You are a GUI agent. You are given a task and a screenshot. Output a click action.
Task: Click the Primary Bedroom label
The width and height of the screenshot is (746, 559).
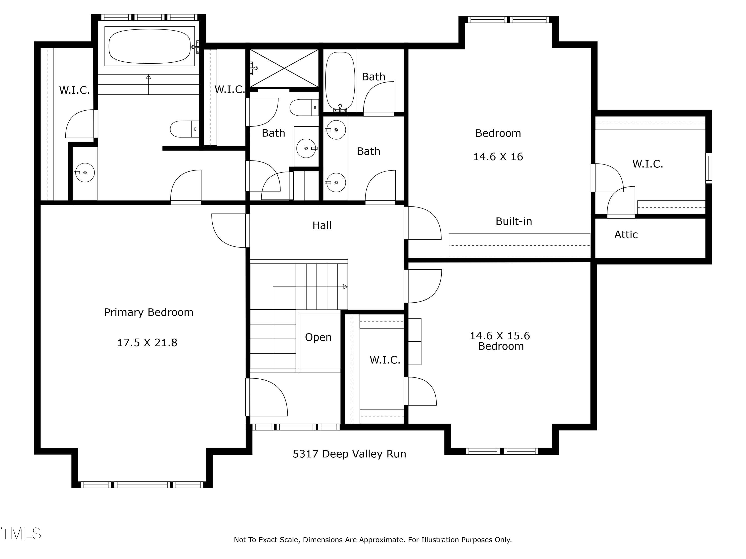149,312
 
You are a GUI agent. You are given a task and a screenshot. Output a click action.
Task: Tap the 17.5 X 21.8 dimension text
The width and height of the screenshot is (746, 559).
147,343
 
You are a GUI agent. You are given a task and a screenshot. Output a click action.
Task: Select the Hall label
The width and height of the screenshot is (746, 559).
322,225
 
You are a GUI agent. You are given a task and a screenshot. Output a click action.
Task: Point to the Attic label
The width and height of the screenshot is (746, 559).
626,235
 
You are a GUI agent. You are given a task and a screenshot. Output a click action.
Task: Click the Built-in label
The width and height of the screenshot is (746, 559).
514,221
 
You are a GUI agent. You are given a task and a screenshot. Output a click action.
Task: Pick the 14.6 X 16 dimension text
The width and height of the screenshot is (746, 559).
498,157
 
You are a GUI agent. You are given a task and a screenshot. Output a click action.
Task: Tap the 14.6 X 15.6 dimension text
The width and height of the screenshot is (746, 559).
500,336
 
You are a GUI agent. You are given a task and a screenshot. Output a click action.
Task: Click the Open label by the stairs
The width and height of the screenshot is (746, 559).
318,338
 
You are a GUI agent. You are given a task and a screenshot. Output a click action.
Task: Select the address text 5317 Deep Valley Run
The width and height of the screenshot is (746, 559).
349,454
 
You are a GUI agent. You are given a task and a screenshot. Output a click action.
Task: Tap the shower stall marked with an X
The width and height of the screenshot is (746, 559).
284,68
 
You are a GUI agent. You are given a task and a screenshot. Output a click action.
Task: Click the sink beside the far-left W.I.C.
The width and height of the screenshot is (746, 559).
84,172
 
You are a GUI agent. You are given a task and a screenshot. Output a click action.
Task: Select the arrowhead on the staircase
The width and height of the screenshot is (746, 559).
345,287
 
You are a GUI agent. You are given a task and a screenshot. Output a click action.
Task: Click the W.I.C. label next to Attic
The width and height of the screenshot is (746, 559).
648,164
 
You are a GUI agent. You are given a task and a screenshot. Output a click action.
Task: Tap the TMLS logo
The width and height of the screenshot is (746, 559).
21,533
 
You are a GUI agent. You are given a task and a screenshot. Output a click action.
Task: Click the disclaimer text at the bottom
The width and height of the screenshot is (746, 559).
373,540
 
